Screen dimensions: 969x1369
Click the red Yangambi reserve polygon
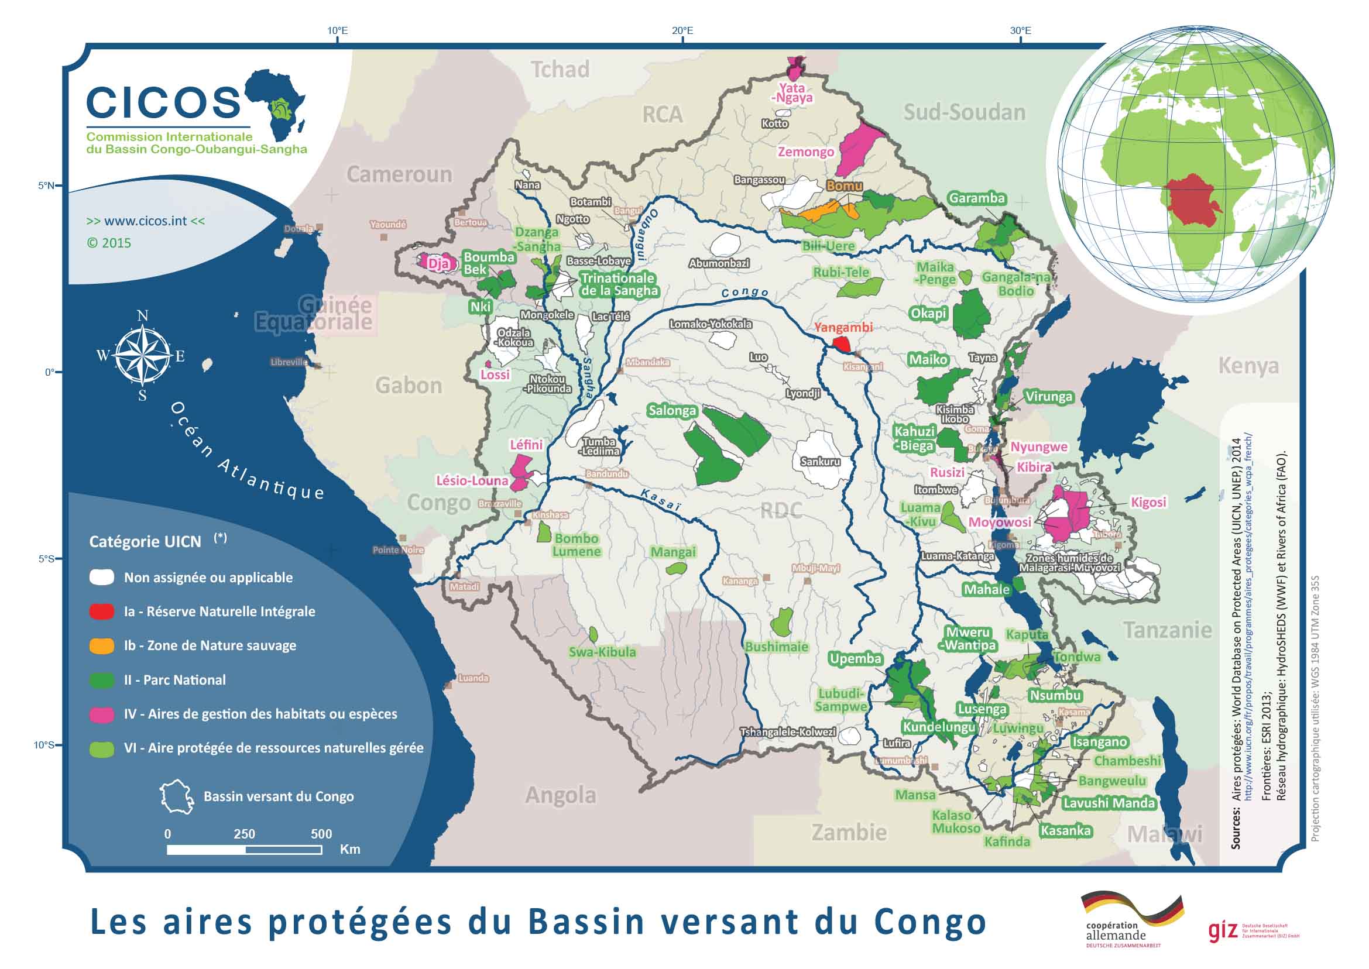pos(842,344)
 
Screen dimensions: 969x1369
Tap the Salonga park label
pos(672,411)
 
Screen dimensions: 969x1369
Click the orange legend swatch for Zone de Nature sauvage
pos(101,645)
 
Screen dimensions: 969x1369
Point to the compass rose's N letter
pos(143,316)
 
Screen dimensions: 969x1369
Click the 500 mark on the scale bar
pos(321,834)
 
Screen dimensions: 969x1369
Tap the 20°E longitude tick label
pos(682,30)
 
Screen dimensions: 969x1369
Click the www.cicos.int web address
pos(146,221)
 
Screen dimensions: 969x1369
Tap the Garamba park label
pos(977,198)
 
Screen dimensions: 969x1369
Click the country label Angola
pos(560,795)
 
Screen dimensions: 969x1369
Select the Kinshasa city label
pos(550,514)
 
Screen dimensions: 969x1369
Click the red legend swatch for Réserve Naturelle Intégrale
pos(101,611)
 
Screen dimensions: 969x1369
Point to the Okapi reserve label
pos(928,313)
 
